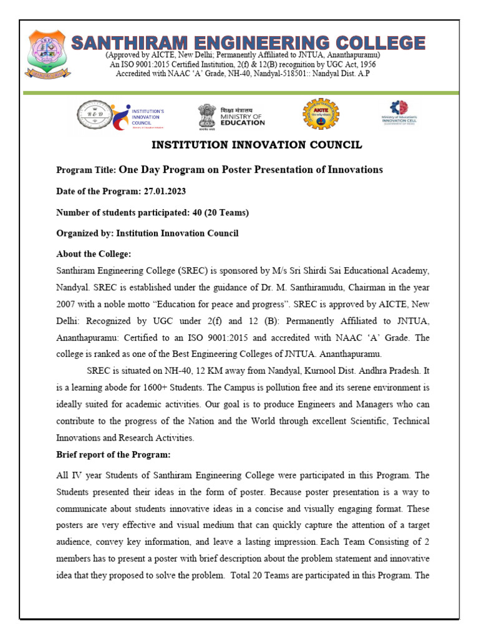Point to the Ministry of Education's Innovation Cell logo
click(x=399, y=114)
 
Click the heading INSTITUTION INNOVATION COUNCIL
click(x=257, y=145)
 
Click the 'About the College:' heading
click(x=94, y=255)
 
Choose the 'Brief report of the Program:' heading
click(x=113, y=454)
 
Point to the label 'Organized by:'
click(x=85, y=233)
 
